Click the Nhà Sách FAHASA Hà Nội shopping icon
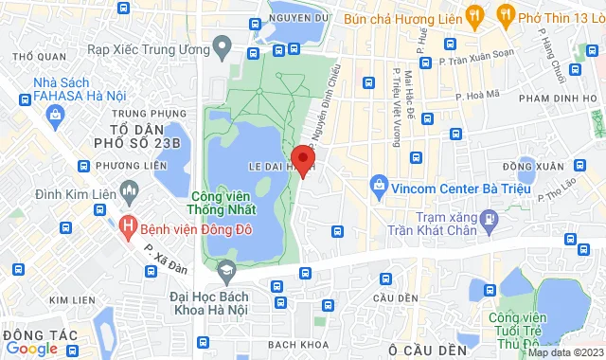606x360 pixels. point(55,116)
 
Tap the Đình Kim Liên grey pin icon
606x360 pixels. point(129,185)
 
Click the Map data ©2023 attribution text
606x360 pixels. point(564,352)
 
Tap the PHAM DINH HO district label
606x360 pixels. point(560,99)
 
